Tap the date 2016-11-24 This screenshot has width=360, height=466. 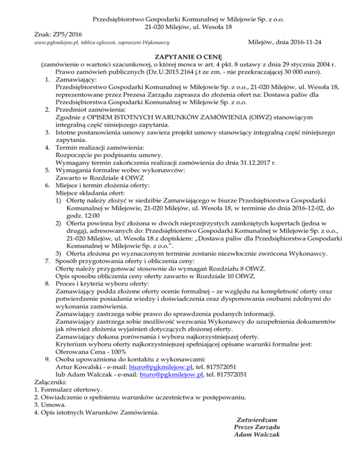click(304, 42)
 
